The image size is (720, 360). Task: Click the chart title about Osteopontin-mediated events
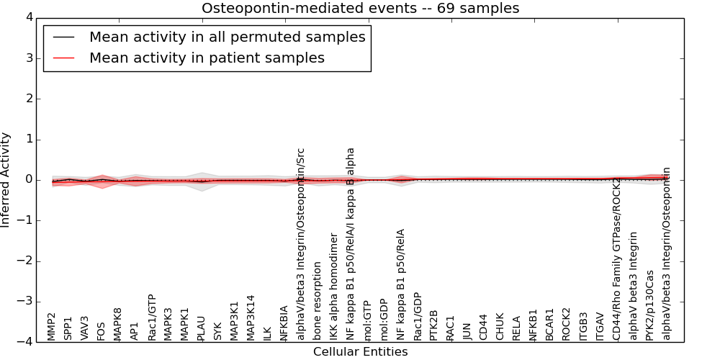[x=360, y=9]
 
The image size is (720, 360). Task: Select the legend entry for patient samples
[x=207, y=58]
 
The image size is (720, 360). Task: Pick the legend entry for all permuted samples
[x=227, y=37]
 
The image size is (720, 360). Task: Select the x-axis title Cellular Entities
[x=360, y=352]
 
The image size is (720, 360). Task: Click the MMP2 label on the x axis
[x=51, y=326]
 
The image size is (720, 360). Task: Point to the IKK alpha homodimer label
[x=334, y=287]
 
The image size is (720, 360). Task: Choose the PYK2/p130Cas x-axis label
[x=650, y=305]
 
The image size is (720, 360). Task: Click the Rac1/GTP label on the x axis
[x=151, y=318]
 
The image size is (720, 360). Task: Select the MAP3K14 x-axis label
[x=251, y=318]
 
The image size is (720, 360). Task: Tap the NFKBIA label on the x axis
[x=284, y=323]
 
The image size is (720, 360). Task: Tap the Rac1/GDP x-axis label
[x=418, y=318]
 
